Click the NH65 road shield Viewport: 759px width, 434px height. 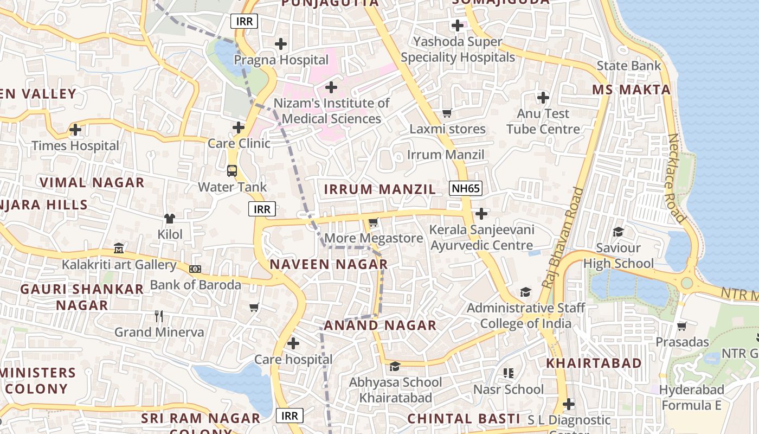465,188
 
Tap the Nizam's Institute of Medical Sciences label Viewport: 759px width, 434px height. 331,111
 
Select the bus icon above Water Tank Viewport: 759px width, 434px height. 232,171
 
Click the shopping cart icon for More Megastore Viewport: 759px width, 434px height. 373,222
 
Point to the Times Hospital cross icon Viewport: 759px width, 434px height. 75,130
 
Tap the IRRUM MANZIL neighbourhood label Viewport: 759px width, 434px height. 379,189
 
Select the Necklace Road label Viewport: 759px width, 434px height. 677,178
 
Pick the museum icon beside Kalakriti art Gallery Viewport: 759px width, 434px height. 119,248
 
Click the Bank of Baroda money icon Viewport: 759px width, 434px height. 195,269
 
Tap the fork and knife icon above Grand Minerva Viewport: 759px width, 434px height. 159,316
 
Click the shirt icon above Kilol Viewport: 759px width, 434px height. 170,218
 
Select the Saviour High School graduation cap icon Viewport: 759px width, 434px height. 618,232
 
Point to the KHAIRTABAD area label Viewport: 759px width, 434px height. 594,363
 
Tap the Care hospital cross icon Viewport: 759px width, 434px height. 293,343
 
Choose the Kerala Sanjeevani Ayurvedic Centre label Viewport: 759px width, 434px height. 481,238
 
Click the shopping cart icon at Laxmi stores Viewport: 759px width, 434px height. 447,113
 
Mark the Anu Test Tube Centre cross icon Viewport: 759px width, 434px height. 543,98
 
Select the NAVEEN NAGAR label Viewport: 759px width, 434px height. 329,264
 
